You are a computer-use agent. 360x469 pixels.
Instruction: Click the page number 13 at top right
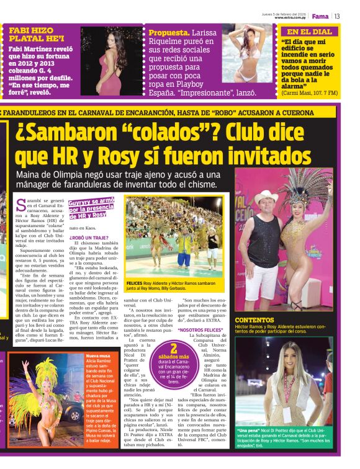337,16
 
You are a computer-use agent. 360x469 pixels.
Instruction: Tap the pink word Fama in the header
320,16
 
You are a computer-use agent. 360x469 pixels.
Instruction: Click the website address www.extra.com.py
290,17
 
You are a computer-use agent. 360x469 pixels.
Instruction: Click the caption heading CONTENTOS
254,321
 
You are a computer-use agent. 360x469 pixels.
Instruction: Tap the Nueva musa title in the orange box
99,355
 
